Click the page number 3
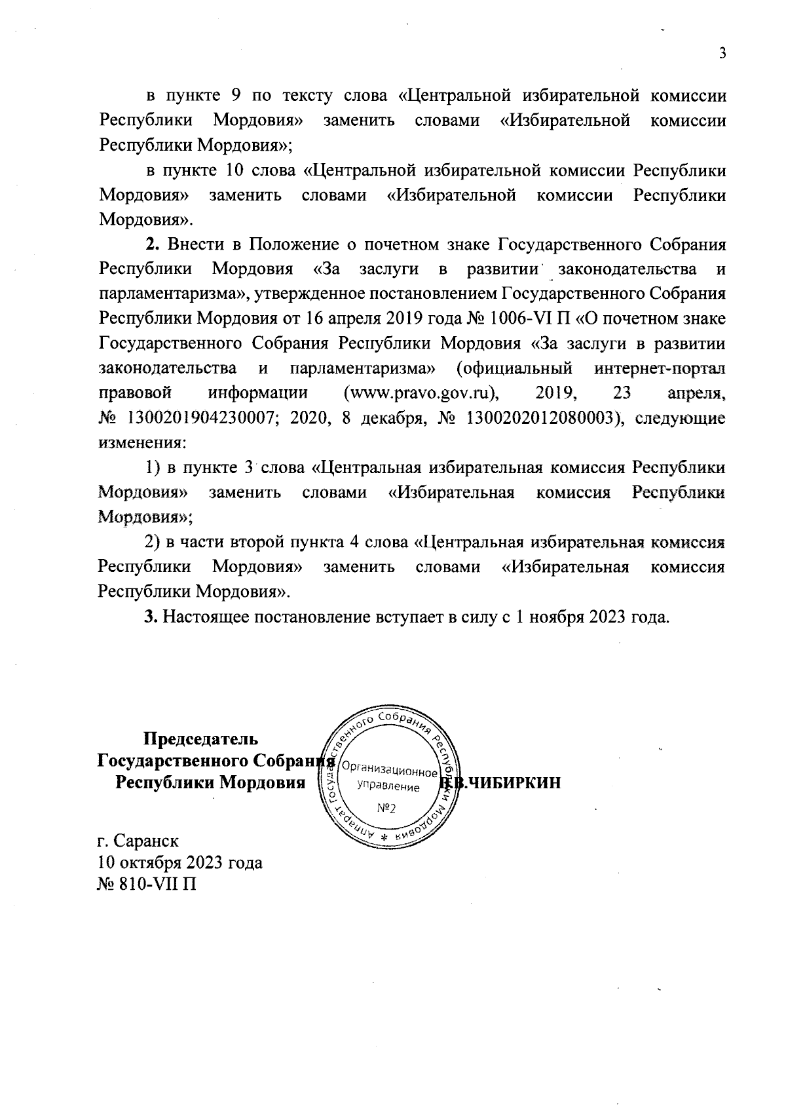click(x=722, y=54)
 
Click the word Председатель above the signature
click(x=196, y=738)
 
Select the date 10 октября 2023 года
click(x=180, y=862)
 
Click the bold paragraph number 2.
click(x=151, y=245)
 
